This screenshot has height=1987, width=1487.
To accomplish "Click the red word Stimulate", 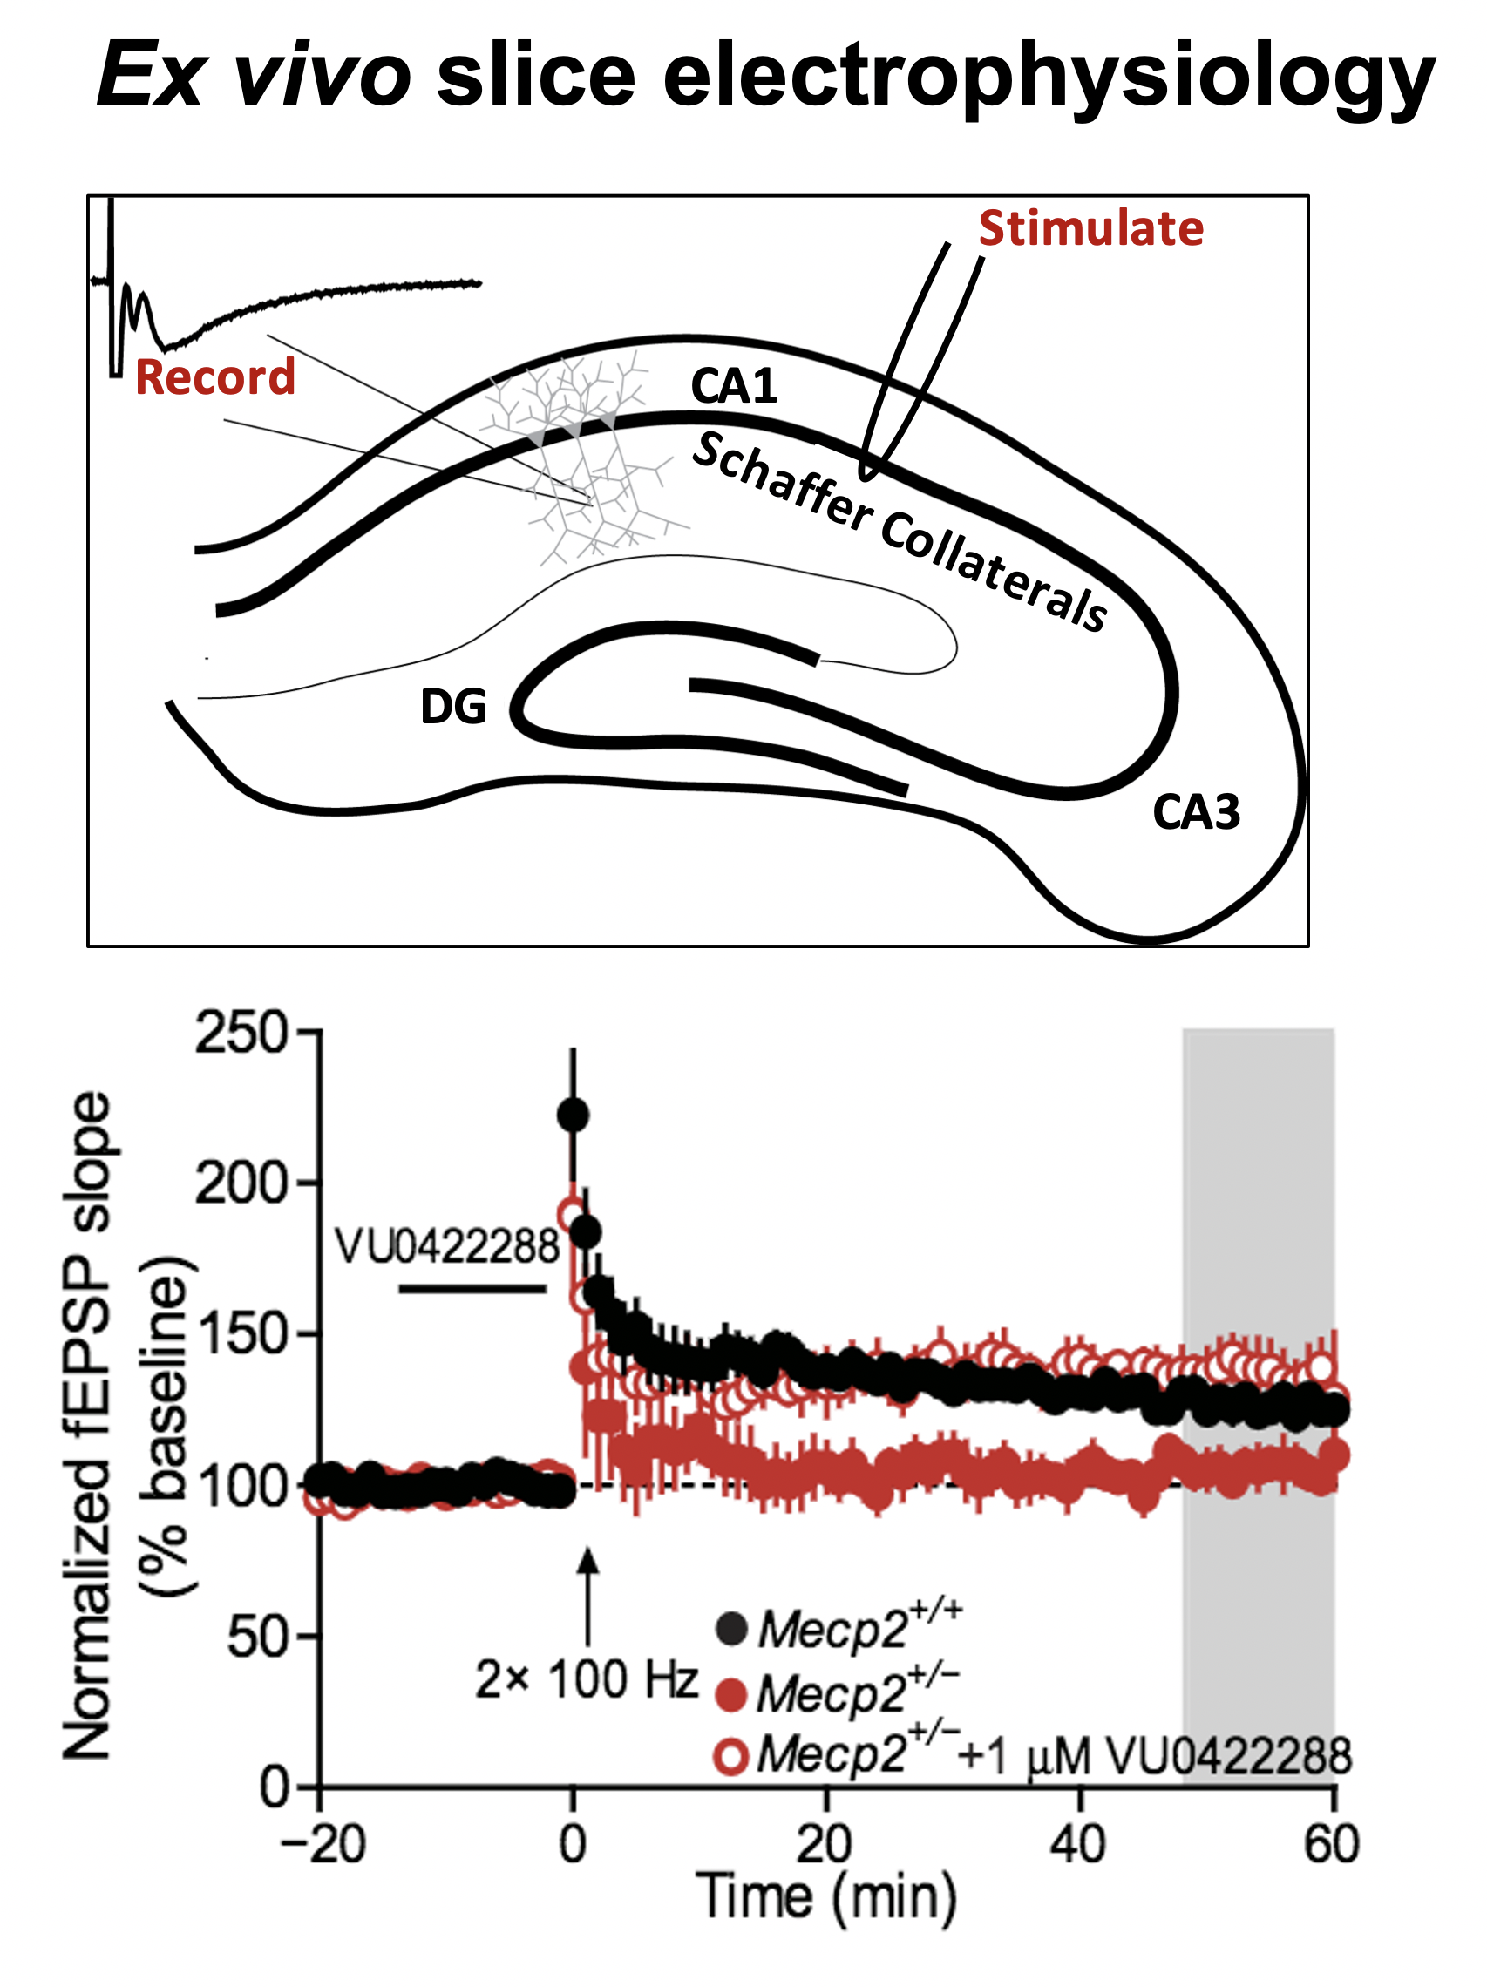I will (1090, 228).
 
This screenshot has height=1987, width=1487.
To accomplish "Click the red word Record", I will (214, 377).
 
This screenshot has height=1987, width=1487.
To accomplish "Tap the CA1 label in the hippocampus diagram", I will (733, 386).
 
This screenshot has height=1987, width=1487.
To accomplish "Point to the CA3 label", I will (1196, 812).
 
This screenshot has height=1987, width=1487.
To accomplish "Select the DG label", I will (453, 706).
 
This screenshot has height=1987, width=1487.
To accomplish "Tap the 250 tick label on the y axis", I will (241, 1033).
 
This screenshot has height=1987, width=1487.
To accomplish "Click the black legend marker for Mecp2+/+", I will (731, 1629).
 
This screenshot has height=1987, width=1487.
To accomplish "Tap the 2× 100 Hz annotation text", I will (586, 1679).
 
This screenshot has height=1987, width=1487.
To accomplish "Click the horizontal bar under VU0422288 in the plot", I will (472, 1288).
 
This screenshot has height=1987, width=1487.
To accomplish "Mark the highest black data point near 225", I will (574, 1115).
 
